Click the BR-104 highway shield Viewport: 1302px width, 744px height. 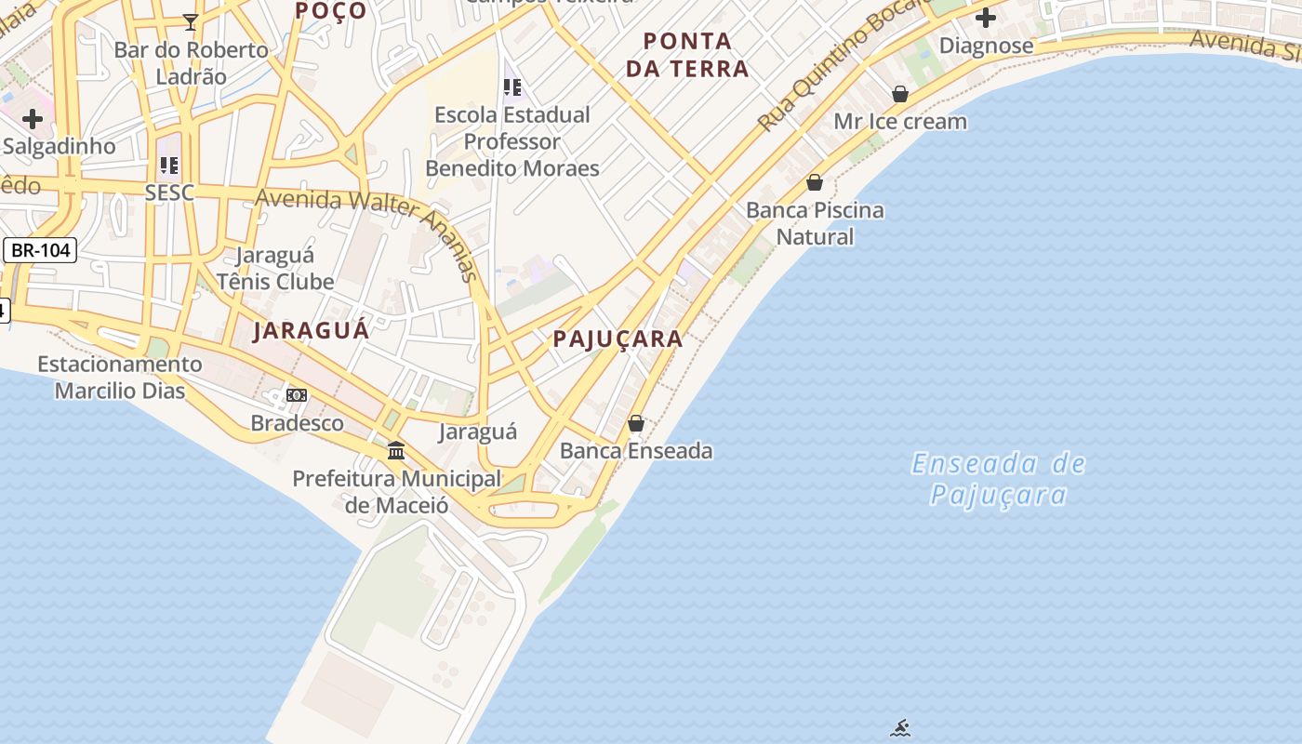(40, 250)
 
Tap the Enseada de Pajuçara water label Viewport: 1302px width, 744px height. (998, 478)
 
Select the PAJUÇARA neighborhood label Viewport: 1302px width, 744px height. (618, 339)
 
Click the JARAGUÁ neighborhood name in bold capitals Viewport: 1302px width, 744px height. (312, 330)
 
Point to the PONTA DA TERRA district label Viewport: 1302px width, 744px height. (687, 55)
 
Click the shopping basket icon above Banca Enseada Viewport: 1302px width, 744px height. (636, 423)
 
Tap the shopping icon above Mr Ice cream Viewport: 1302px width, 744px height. (900, 94)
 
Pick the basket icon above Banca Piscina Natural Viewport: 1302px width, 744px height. (815, 182)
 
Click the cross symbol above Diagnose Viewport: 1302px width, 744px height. (986, 18)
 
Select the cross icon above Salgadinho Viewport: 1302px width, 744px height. (33, 118)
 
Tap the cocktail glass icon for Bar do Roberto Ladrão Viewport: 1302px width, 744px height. (191, 21)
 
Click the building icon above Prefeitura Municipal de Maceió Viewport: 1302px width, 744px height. (396, 451)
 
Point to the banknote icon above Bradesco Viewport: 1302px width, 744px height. (297, 395)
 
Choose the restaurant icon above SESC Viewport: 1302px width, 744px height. (168, 166)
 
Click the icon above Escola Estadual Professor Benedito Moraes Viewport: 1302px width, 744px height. (512, 87)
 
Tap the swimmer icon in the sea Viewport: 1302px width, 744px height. (899, 728)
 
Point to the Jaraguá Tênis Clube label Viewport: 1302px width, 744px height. (275, 268)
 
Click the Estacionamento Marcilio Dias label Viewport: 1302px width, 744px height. (119, 377)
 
